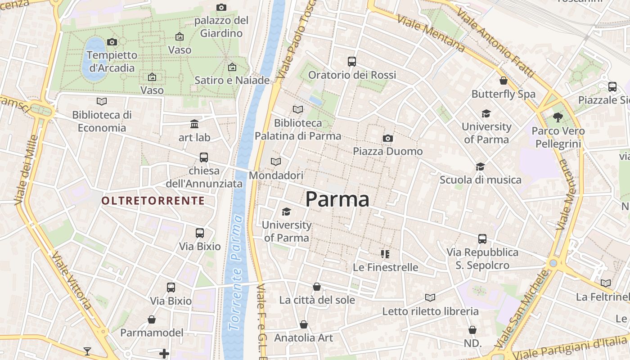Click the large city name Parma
[337, 199]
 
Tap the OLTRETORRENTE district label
[153, 201]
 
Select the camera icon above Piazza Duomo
[387, 138]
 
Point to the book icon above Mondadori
[276, 162]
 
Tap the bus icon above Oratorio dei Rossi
[352, 61]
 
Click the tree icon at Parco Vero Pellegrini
[558, 117]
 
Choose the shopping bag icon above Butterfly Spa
[504, 81]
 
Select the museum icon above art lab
[194, 124]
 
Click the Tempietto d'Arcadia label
[112, 62]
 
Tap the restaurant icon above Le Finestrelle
[385, 254]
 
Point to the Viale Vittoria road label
[72, 281]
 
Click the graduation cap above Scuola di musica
[481, 166]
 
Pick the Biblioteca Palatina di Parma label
[298, 129]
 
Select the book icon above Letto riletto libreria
[430, 297]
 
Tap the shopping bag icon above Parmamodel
[152, 319]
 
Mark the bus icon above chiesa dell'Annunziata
[204, 157]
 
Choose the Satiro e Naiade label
[232, 80]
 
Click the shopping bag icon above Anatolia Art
[304, 324]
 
